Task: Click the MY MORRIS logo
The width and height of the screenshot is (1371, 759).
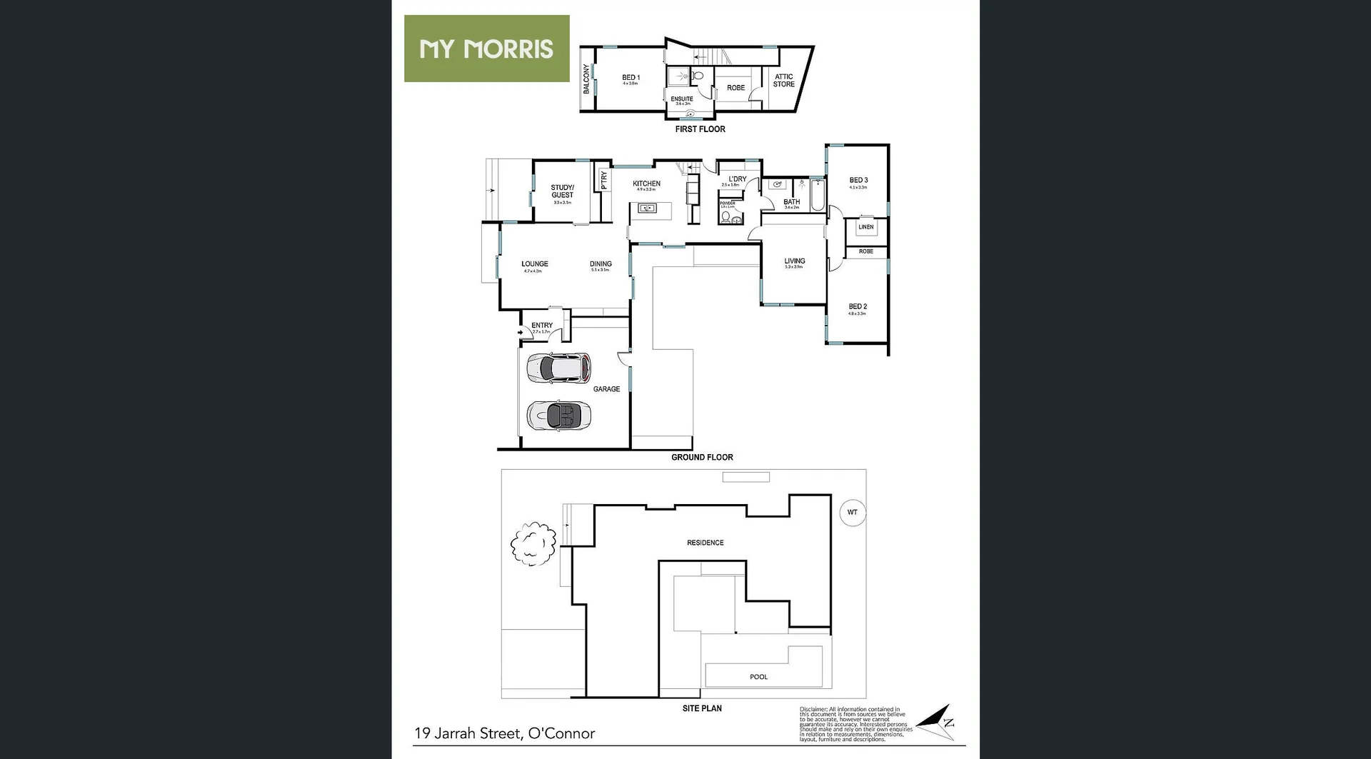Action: tap(486, 49)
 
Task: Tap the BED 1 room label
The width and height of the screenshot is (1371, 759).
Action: tap(631, 78)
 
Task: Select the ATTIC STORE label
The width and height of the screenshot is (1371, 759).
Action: tap(783, 80)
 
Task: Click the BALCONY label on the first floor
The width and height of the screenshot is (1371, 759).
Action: tap(586, 79)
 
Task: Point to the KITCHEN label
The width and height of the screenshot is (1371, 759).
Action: tap(646, 184)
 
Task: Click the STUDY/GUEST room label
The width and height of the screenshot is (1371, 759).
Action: tap(562, 191)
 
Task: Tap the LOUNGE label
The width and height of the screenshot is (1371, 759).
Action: tap(534, 264)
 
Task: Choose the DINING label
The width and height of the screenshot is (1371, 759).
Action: tap(601, 264)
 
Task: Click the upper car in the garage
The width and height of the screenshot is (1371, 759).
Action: tap(558, 368)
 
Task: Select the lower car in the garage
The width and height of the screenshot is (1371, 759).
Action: tap(558, 415)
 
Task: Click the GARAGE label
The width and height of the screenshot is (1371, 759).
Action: tap(606, 389)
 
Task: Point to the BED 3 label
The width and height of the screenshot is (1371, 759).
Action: tap(858, 181)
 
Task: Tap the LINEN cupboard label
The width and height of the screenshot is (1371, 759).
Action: tap(865, 227)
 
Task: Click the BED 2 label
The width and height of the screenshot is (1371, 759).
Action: tap(858, 307)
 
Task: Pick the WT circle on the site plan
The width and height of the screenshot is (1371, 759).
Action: tap(852, 513)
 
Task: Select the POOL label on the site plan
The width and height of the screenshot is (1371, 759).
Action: tap(758, 677)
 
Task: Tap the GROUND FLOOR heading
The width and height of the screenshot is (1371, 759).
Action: tap(702, 458)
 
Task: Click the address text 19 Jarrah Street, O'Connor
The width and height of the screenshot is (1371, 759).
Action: tap(504, 733)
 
